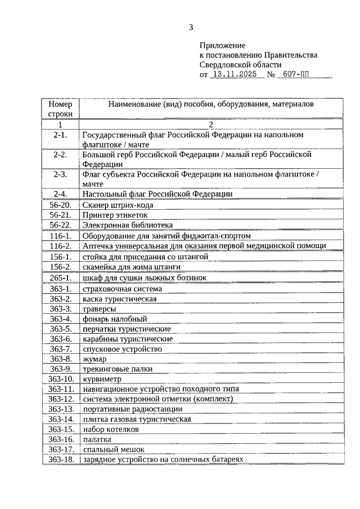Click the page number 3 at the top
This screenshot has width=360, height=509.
pyautogui.click(x=191, y=26)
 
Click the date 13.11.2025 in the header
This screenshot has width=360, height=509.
pyautogui.click(x=236, y=74)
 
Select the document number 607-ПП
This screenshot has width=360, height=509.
pyautogui.click(x=299, y=74)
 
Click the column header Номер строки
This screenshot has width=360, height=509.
pyautogui.click(x=60, y=109)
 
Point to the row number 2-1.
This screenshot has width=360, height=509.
pyautogui.click(x=60, y=136)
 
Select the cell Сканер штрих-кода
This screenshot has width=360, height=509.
pyautogui.click(x=118, y=205)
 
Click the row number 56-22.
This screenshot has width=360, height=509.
pyautogui.click(x=60, y=225)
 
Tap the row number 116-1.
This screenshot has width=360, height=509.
pyautogui.click(x=60, y=236)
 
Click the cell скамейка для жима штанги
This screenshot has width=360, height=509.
pyautogui.click(x=127, y=267)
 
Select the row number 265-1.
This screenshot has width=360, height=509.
pyautogui.click(x=60, y=278)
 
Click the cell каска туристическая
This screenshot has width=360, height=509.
pyautogui.click(x=119, y=299)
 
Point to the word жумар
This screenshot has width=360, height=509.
pyautogui.click(x=94, y=359)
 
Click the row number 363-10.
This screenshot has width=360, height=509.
pyautogui.click(x=60, y=379)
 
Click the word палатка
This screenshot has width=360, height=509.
pyautogui.click(x=97, y=439)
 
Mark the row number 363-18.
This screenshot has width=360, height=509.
pyautogui.click(x=60, y=460)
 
